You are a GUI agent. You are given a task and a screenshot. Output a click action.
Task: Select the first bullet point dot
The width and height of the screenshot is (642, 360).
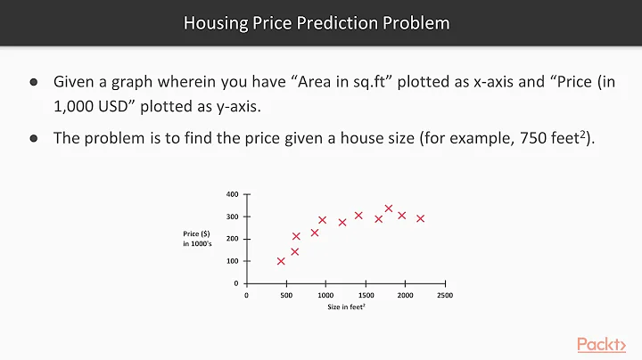click(x=34, y=82)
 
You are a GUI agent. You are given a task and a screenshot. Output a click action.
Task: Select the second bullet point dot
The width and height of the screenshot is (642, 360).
click(x=34, y=138)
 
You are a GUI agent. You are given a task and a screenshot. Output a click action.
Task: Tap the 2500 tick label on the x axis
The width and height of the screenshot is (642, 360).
click(x=445, y=295)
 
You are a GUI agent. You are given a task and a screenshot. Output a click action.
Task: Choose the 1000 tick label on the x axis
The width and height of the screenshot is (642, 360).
click(x=326, y=295)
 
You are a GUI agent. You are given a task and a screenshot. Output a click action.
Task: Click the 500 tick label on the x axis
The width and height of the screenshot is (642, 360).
click(x=286, y=295)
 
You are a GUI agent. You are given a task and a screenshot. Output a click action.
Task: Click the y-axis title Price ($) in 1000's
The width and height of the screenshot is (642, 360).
click(x=198, y=238)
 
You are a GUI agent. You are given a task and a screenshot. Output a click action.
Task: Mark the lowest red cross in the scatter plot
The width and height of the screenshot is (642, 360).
click(x=281, y=261)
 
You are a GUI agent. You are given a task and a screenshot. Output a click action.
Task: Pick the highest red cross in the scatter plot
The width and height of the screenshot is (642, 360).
click(x=389, y=209)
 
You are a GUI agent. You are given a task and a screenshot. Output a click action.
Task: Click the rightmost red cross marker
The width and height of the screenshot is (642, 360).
click(x=420, y=218)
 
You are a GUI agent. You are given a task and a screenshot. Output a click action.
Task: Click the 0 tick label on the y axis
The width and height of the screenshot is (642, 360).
click(x=235, y=283)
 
